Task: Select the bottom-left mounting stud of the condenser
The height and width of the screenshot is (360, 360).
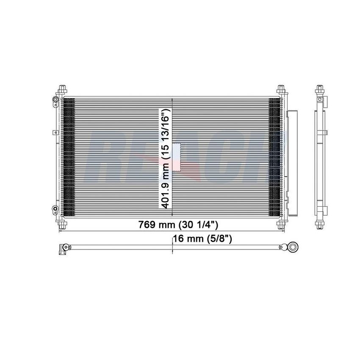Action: click(x=62, y=223)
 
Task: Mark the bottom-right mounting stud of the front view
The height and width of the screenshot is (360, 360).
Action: click(x=281, y=223)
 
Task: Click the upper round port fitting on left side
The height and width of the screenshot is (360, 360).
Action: click(x=55, y=100)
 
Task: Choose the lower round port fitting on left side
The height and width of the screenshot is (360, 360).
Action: click(x=55, y=209)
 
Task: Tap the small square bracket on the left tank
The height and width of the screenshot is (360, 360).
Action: click(x=55, y=133)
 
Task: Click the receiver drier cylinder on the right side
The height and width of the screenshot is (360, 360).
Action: click(x=292, y=163)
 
